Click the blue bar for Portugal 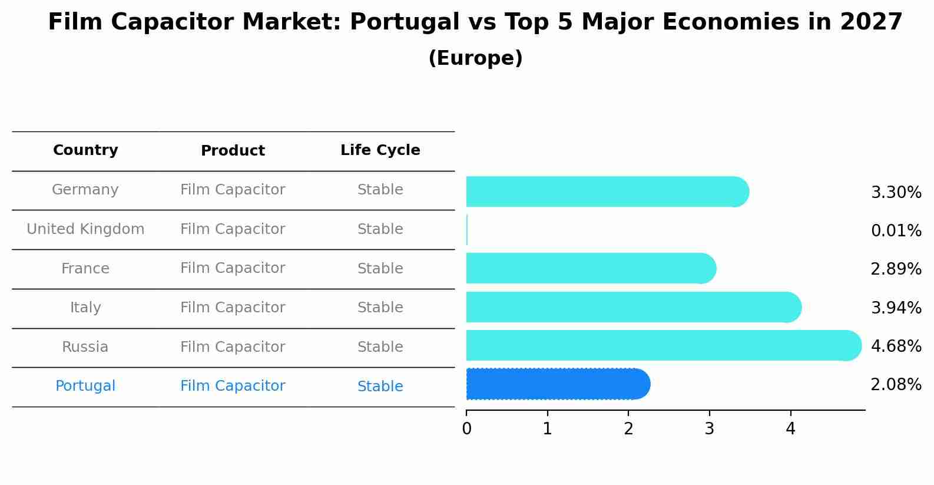click(557, 384)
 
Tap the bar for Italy click(633, 307)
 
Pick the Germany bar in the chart click(607, 192)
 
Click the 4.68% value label click(896, 346)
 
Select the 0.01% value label click(896, 230)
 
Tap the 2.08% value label click(896, 385)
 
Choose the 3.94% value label click(896, 308)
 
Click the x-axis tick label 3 click(710, 429)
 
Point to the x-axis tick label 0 click(466, 429)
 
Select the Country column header click(85, 150)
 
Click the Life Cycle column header click(380, 150)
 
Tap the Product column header click(233, 151)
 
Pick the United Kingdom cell click(85, 229)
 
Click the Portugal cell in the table click(85, 386)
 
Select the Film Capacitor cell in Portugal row click(233, 386)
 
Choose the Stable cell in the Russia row click(380, 347)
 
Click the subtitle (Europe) click(475, 58)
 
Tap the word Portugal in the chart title click(405, 22)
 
